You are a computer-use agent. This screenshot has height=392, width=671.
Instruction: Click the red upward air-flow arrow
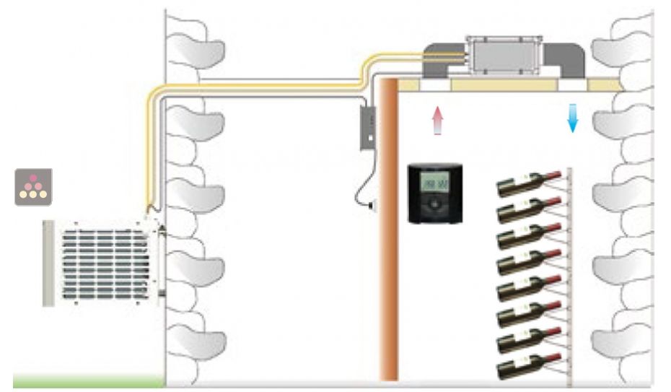436,119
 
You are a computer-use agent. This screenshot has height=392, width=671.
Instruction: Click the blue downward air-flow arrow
573,118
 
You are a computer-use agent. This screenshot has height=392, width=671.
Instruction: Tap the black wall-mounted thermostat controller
434,193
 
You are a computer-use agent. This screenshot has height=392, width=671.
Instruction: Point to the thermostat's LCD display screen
434,183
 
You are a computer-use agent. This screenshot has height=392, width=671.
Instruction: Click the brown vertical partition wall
388,231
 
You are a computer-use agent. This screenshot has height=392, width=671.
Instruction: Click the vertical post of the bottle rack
571,274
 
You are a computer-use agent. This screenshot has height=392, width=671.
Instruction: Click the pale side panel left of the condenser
48,263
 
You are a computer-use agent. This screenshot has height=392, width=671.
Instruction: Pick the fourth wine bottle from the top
527,261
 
